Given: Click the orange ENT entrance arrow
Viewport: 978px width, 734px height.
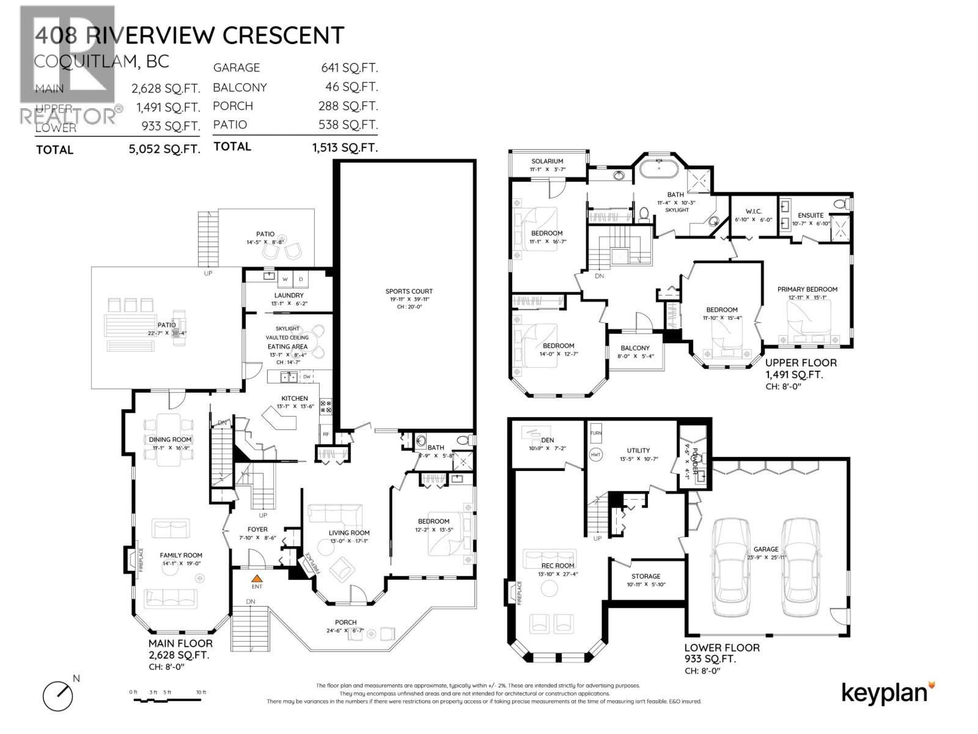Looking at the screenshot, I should click(x=257, y=577).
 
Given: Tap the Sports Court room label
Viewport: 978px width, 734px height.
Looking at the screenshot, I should click(x=409, y=291).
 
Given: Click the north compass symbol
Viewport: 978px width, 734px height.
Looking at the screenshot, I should click(x=58, y=695).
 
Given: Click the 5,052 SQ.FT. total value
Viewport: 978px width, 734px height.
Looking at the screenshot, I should click(x=166, y=149).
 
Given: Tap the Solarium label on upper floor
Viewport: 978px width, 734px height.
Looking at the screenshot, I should click(x=546, y=161).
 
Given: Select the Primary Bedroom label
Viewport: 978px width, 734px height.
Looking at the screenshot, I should click(x=807, y=289).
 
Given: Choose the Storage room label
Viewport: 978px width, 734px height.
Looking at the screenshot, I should click(x=645, y=576).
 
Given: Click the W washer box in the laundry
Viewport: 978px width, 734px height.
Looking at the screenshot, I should click(x=285, y=280).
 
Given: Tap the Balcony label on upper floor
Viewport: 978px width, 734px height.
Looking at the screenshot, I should click(x=634, y=348).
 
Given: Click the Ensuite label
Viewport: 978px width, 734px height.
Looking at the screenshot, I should click(x=810, y=215).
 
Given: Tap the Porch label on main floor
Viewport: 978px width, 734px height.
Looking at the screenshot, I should click(x=345, y=623).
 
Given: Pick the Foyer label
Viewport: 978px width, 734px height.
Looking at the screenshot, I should click(x=257, y=530).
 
